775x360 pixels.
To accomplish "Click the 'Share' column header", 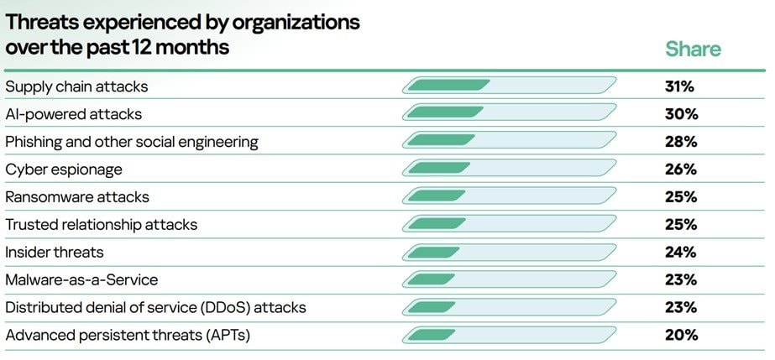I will pos(693,49).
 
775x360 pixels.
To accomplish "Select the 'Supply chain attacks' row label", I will pos(76,86).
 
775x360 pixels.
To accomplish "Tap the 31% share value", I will pos(679,86).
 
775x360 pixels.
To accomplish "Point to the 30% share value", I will pos(679,113).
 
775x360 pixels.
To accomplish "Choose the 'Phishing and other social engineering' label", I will pos(132,141).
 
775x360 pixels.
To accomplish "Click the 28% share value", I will pos(679,141).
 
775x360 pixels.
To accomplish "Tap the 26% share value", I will pos(679,169).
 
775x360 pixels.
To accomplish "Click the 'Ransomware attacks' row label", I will pos(77,196).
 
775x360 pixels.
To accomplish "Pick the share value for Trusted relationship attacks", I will pos(679,224).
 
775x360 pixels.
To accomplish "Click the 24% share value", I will pos(679,252).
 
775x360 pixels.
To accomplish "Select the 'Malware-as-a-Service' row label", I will pos(81,279).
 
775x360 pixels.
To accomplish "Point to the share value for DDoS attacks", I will pos(679,307).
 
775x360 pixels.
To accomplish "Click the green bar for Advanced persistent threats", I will pos(424,335).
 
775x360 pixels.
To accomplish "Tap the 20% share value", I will pos(679,335).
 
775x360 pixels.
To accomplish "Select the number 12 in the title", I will pos(138,47).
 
